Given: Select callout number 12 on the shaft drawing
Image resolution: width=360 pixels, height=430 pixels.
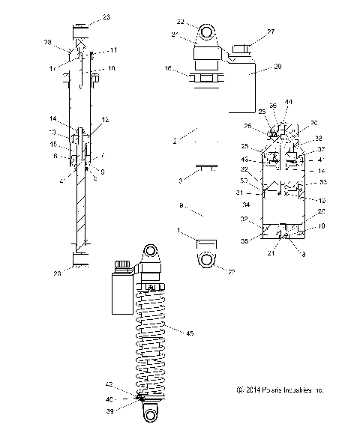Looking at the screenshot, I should click(105, 119).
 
